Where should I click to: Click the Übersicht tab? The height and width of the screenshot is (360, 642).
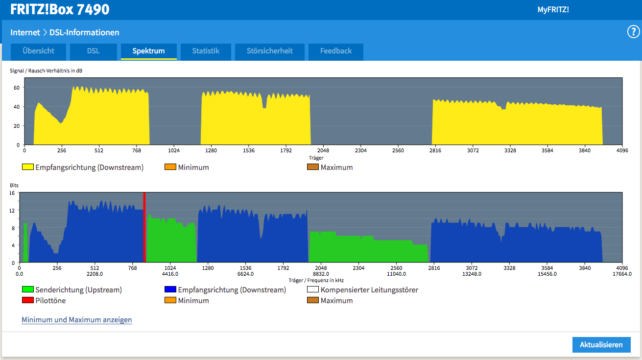point(38,51)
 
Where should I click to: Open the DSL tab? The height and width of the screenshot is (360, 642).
point(94,51)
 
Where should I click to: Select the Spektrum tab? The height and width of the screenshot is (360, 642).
point(149,51)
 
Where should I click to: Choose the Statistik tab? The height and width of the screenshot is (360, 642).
point(206,51)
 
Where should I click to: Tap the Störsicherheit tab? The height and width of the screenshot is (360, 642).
point(270,51)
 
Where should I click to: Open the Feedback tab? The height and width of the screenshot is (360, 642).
point(336,51)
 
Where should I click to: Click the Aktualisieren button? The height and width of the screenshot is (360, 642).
point(601,344)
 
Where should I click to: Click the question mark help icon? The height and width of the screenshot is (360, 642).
point(633,32)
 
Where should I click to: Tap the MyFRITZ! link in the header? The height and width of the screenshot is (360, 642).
point(553,10)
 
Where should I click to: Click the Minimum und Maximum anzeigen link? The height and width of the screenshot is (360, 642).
point(77,319)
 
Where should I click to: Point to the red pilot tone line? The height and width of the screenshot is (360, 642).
point(144,227)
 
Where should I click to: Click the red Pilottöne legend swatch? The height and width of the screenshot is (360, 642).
point(28,300)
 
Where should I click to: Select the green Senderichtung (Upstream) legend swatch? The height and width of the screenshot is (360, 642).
point(28,289)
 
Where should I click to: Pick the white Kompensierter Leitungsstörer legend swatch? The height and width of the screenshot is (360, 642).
point(313,289)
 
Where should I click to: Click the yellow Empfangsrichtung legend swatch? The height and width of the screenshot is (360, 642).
point(28,167)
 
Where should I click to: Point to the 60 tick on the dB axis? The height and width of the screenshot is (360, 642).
point(17,88)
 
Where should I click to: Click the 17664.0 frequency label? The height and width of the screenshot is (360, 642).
point(622,274)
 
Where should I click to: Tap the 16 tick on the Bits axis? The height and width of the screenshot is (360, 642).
point(12,193)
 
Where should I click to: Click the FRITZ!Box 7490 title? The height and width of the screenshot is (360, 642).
point(60,9)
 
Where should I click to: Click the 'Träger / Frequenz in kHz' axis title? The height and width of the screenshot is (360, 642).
point(316,280)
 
